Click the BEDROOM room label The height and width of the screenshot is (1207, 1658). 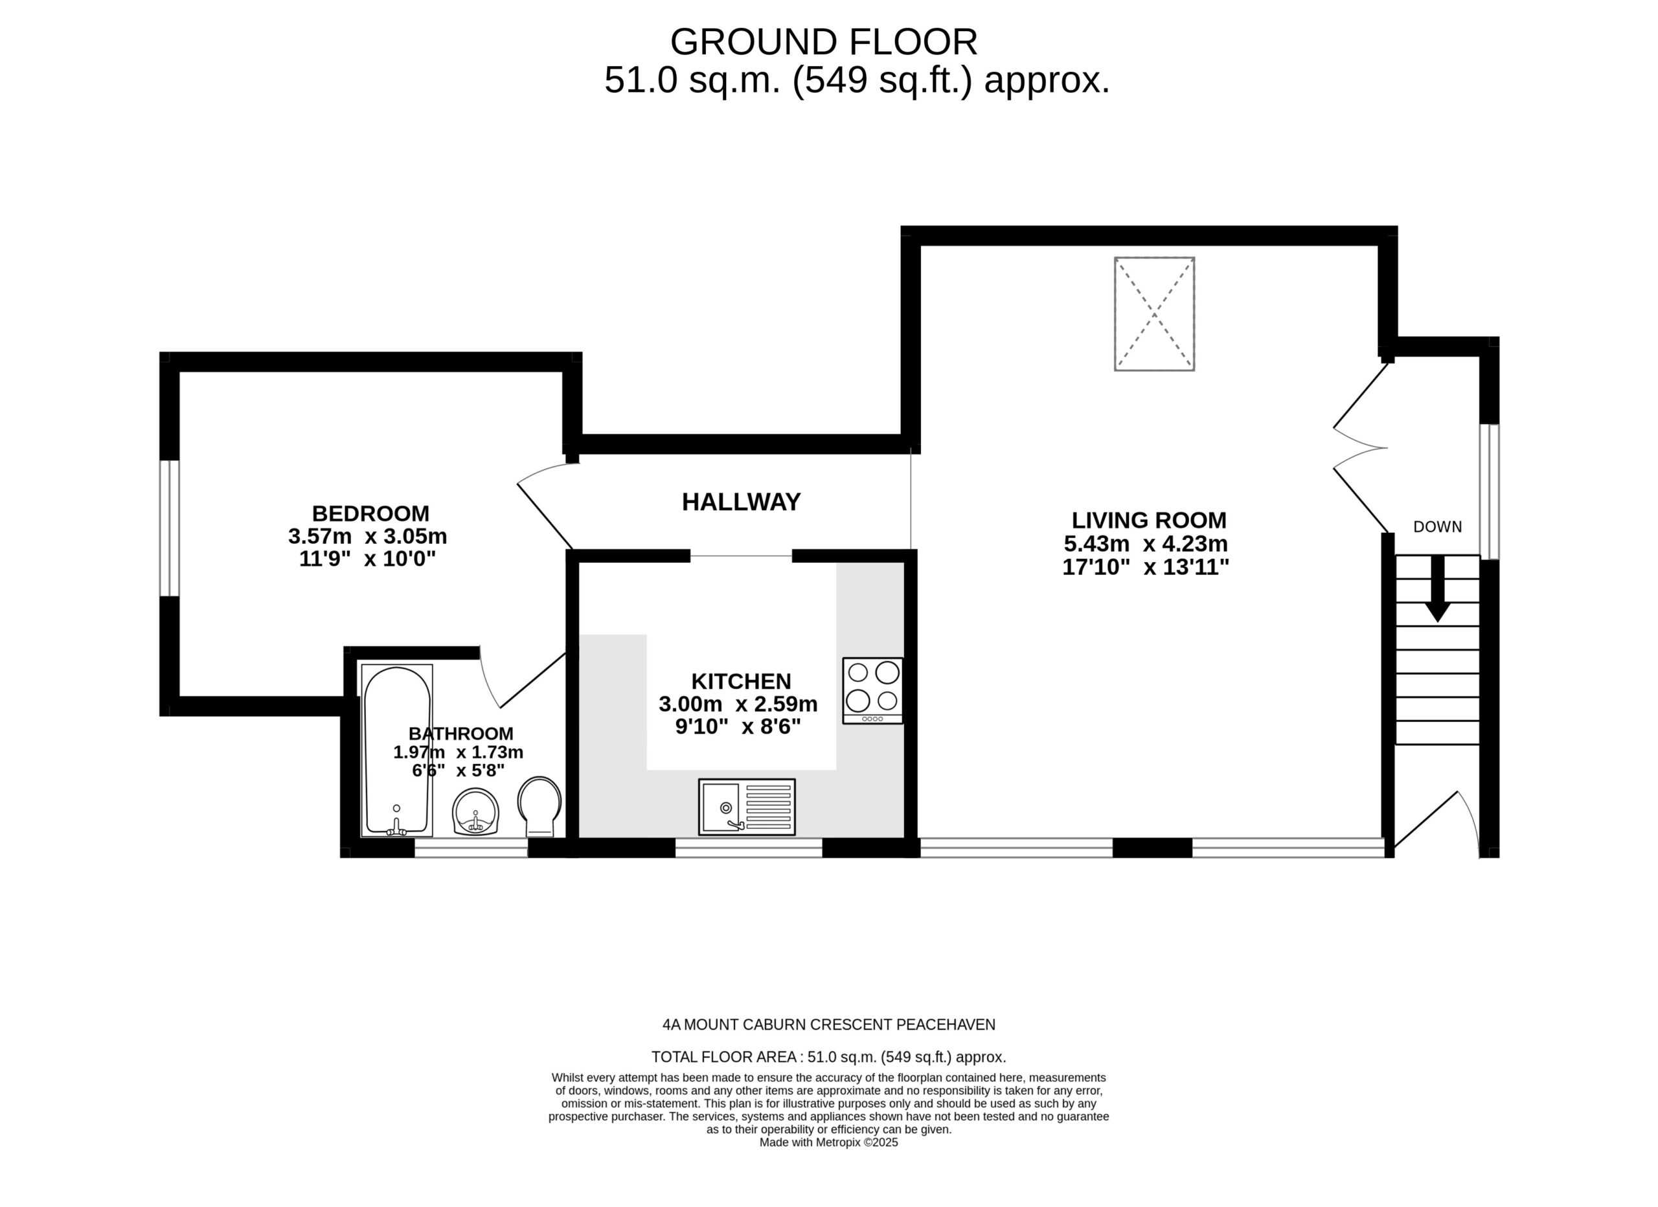pyautogui.click(x=370, y=513)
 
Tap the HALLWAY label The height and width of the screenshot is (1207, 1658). pyautogui.click(x=742, y=502)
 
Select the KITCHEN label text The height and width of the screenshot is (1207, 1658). pyautogui.click(x=742, y=681)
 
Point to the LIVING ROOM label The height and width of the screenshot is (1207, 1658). pyautogui.click(x=1149, y=521)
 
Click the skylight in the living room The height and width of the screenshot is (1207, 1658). pyautogui.click(x=1154, y=313)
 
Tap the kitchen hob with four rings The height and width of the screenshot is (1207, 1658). pyautogui.click(x=873, y=691)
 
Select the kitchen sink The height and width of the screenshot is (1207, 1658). pyautogui.click(x=746, y=807)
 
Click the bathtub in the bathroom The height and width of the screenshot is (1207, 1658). pyautogui.click(x=397, y=750)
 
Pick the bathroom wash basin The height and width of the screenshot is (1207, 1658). pyautogui.click(x=476, y=811)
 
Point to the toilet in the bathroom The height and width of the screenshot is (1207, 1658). pyautogui.click(x=539, y=806)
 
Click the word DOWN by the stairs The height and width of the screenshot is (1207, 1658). pyautogui.click(x=1437, y=527)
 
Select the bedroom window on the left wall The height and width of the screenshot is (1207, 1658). pyautogui.click(x=170, y=528)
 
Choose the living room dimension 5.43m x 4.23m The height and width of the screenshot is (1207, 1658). pyautogui.click(x=1146, y=544)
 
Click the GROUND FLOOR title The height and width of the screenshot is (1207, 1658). pyautogui.click(x=824, y=41)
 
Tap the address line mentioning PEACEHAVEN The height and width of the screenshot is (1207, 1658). pyautogui.click(x=829, y=1025)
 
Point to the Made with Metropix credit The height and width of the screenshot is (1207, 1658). pyautogui.click(x=828, y=1143)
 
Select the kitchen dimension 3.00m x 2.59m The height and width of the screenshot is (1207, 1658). pyautogui.click(x=738, y=704)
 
